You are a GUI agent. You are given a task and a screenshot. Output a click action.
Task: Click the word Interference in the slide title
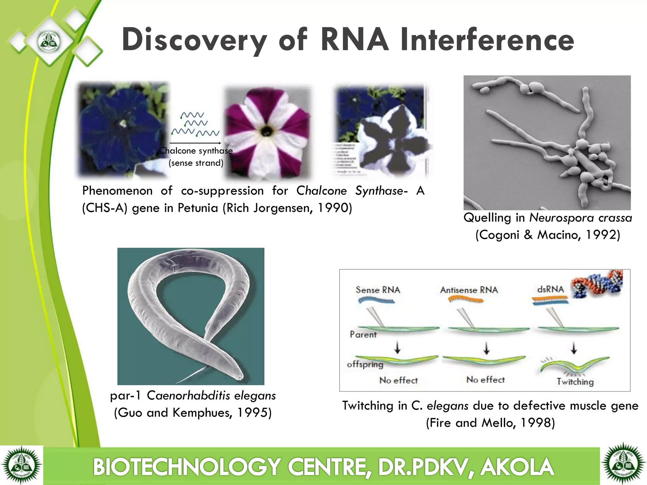487,40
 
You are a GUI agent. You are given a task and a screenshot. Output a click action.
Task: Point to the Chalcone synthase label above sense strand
196,151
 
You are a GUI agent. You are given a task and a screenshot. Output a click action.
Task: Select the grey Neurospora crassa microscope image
547,143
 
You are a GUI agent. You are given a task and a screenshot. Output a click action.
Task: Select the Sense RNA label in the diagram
378,290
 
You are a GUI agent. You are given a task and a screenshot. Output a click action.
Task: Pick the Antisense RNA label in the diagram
469,290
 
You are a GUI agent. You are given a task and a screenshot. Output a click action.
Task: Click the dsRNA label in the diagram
550,289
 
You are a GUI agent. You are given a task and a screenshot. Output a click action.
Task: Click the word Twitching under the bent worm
575,382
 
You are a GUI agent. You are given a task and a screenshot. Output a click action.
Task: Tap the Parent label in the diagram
363,334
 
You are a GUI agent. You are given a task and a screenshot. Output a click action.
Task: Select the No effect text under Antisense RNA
485,380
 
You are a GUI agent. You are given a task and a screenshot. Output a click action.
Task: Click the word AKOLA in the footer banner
517,467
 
